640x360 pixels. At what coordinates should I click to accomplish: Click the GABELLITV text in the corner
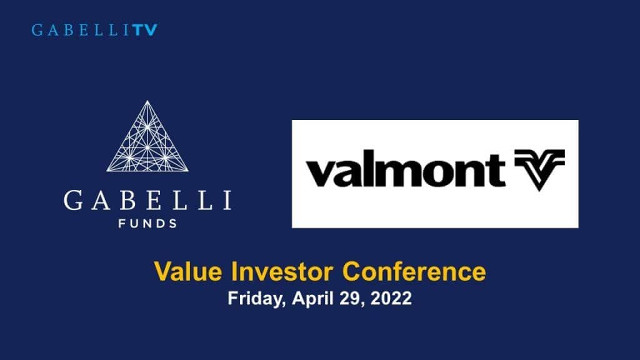pos(94,30)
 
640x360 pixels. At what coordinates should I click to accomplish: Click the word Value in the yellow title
pos(184,272)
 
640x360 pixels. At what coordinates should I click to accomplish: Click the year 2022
pos(391,299)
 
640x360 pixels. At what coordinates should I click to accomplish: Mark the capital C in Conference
pos(351,272)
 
